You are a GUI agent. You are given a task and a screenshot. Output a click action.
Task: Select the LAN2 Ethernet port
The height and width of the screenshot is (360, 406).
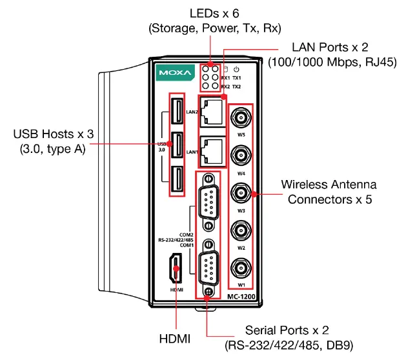point(211,113)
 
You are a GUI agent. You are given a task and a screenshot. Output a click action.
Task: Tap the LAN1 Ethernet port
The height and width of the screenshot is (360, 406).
point(211,150)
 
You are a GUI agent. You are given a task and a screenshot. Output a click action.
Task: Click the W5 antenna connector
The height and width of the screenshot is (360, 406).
point(241,118)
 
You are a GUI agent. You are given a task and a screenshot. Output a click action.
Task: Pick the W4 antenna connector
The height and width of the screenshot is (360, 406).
point(241,155)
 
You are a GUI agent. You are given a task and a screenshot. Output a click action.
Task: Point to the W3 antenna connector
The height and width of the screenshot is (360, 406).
point(241,193)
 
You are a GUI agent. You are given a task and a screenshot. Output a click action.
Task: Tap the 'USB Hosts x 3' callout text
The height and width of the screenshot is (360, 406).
point(54,135)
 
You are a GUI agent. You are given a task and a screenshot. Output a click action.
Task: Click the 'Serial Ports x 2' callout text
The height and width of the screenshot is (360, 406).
point(289,330)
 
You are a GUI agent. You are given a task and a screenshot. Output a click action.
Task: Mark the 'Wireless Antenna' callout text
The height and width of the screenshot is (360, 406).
point(329,185)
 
